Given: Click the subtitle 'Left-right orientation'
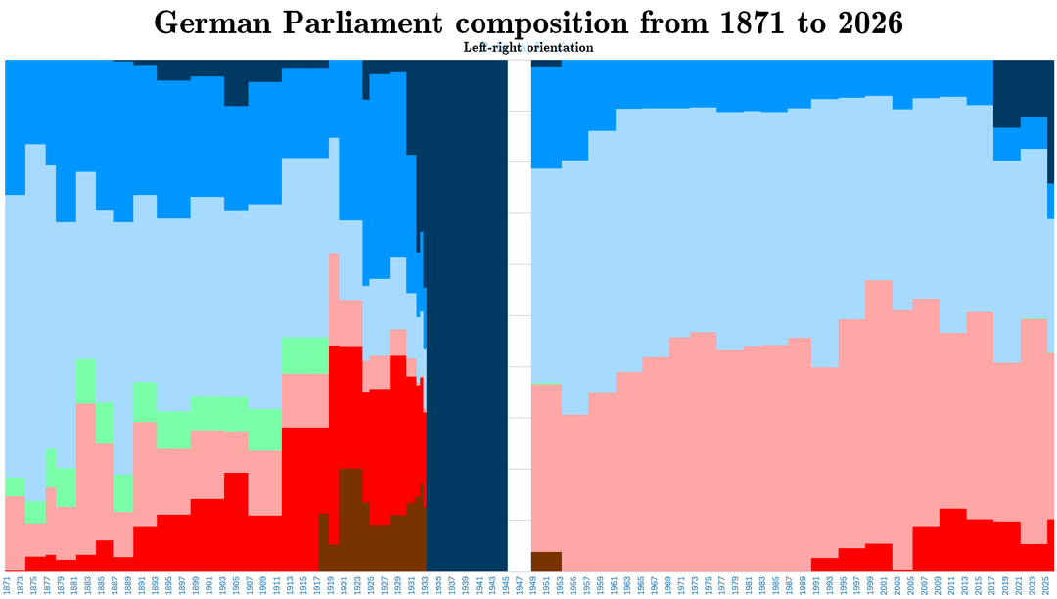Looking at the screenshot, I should pyautogui.click(x=528, y=47).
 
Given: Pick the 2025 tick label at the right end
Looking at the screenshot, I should pyautogui.click(x=1046, y=584).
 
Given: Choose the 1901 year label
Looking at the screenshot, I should pyautogui.click(x=210, y=584).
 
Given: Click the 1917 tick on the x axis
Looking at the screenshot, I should pyautogui.click(x=318, y=584).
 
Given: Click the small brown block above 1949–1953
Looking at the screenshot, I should pyautogui.click(x=546, y=561).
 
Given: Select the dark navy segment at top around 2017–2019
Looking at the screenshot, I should pyautogui.click(x=1007, y=93).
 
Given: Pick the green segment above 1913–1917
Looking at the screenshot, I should pyautogui.click(x=304, y=355).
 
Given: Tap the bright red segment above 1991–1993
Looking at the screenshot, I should pyautogui.click(x=824, y=564).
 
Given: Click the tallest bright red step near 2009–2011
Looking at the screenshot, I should pyautogui.click(x=952, y=538).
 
